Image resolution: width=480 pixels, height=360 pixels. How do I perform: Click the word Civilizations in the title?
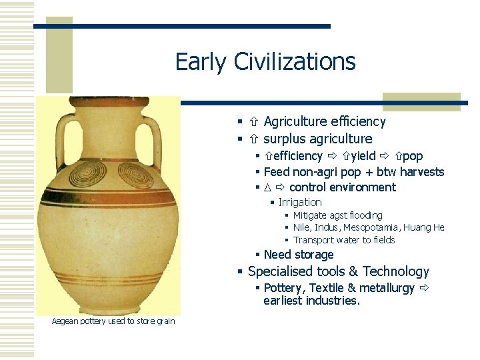[x=295, y=62]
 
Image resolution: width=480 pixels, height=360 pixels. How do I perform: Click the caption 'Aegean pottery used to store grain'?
[x=113, y=321]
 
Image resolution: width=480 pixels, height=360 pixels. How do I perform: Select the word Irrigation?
[x=300, y=202]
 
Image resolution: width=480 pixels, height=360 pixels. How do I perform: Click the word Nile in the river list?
[x=301, y=227]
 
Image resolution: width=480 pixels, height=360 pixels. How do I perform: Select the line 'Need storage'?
[x=299, y=255]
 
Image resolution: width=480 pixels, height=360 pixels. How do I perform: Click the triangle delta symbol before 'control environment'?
[x=267, y=187]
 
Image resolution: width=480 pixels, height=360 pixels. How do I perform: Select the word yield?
[x=363, y=156]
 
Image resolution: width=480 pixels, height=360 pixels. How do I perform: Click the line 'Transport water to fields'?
[x=344, y=240]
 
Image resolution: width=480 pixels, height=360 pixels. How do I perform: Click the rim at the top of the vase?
[x=108, y=101]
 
